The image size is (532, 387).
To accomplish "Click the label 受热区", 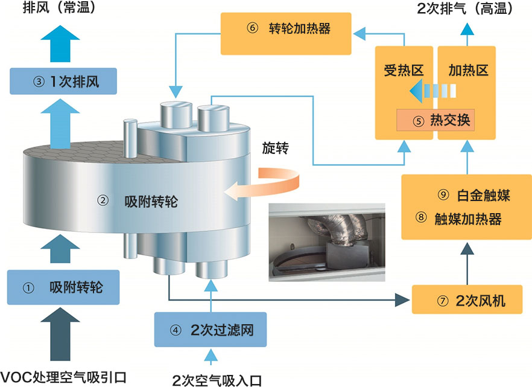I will tap(402, 70).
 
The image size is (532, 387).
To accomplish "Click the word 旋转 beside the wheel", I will tap(275, 147).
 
